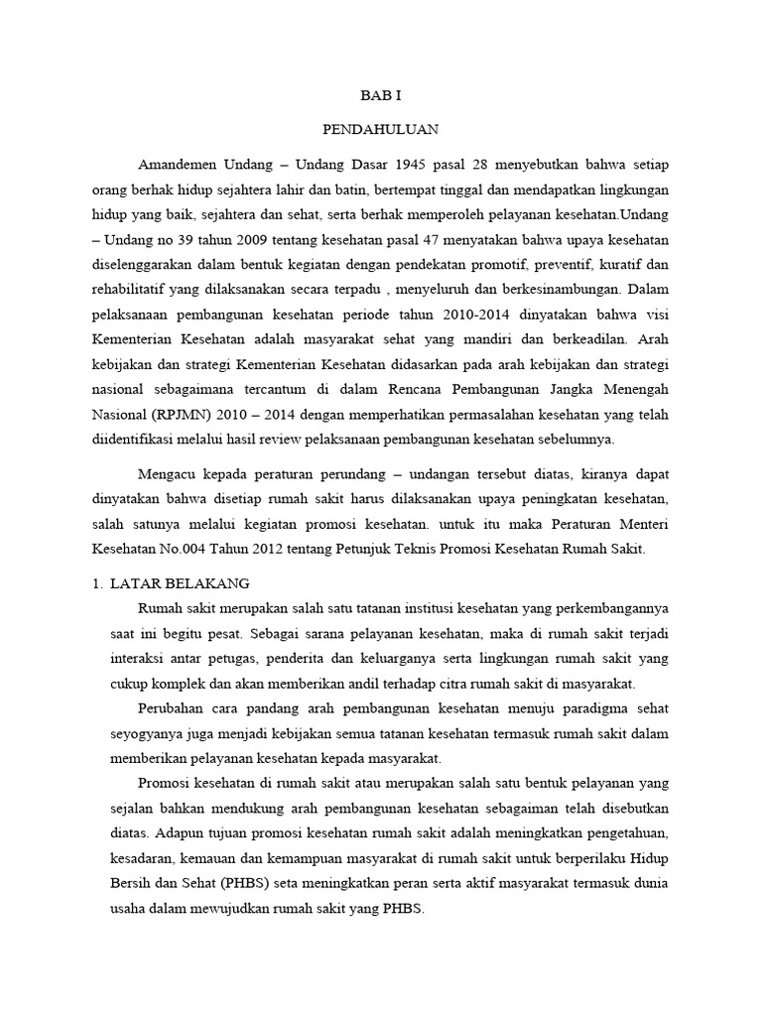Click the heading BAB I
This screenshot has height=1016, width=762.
pos(381,96)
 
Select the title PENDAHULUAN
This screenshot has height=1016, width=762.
pos(381,129)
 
